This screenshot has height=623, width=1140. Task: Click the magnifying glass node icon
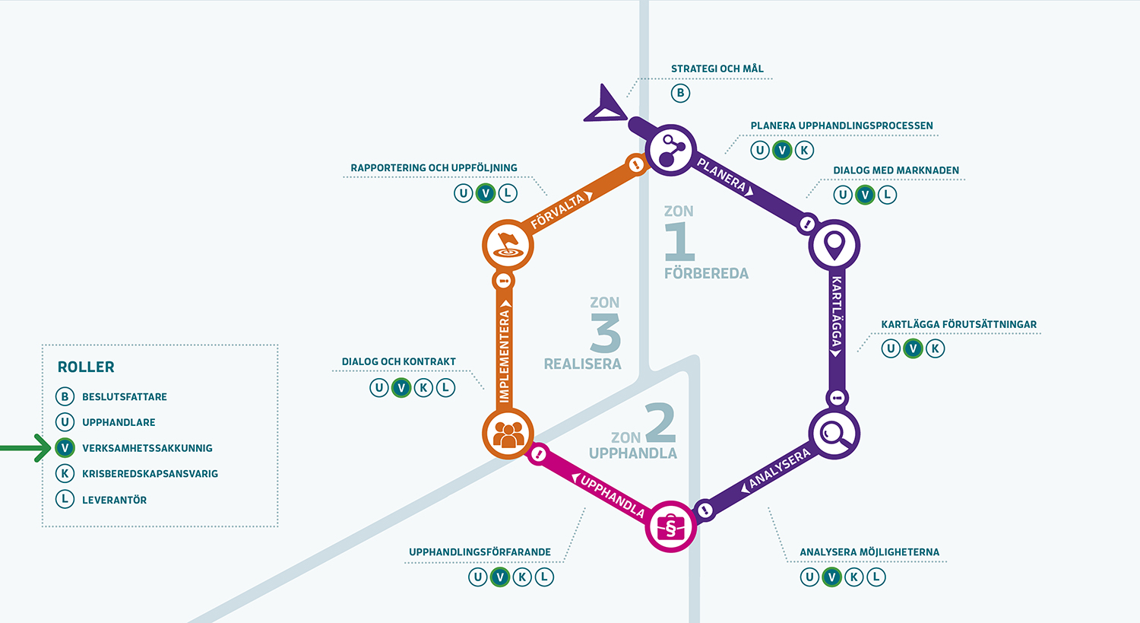[834, 434]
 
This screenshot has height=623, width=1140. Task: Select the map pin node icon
[834, 245]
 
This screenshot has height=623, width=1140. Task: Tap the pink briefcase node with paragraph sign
[670, 526]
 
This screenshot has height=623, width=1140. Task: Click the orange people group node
[508, 434]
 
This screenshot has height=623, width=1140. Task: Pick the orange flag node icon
[508, 245]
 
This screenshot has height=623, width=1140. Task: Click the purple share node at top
[670, 150]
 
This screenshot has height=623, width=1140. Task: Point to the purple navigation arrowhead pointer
[605, 106]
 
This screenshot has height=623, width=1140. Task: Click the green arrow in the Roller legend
[24, 448]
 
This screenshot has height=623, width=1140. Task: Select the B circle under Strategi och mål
[680, 93]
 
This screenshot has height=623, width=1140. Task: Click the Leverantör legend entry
[114, 500]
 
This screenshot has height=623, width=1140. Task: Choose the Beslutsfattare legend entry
[124, 396]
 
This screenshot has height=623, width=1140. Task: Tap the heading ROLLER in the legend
[86, 367]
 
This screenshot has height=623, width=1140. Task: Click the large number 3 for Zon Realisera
[605, 333]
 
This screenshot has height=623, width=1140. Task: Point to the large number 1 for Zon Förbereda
[679, 242]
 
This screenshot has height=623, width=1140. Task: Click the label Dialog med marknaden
[896, 170]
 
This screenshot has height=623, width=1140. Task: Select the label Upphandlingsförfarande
[480, 552]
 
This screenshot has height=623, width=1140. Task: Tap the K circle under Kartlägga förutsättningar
[935, 348]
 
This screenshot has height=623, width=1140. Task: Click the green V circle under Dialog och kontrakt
[401, 388]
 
